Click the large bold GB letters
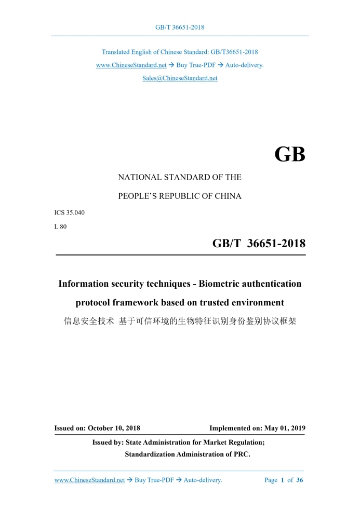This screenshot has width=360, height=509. (289, 155)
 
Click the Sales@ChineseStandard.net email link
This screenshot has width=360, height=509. (180, 78)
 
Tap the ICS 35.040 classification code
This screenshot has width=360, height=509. (70, 213)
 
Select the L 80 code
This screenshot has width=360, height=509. (61, 226)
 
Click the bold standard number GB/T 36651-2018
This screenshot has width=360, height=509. (259, 244)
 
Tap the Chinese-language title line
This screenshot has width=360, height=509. (180, 321)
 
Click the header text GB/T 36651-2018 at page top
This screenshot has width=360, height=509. (180, 27)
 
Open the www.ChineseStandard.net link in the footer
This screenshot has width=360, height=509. (89, 480)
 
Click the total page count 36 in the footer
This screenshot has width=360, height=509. (300, 480)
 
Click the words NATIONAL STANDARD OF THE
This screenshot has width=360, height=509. (180, 177)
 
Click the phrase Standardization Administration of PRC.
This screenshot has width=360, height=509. (188, 454)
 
